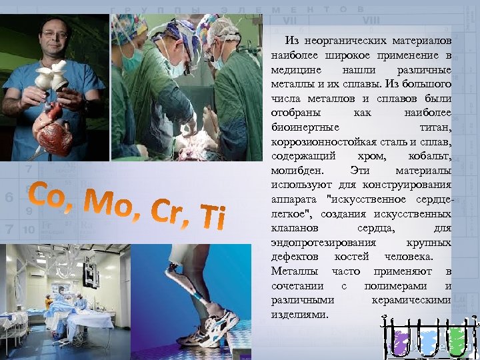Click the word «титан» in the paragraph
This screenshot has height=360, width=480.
[x=436, y=127]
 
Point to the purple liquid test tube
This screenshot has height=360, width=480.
[x=401, y=342]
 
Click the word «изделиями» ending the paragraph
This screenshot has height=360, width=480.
[x=300, y=314]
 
